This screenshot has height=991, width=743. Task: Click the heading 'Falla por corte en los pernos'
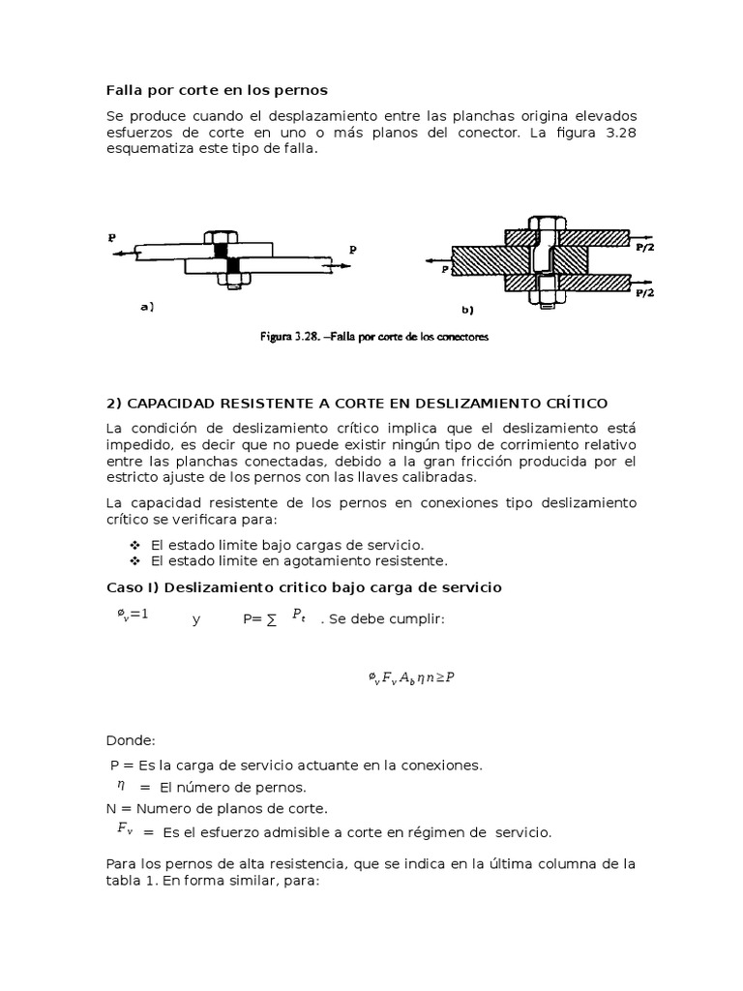click(x=217, y=90)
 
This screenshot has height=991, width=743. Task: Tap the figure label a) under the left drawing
click(x=147, y=307)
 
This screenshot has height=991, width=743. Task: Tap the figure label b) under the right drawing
click(x=467, y=311)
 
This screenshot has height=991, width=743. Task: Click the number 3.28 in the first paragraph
click(x=618, y=133)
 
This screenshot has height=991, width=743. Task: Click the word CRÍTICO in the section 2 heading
click(x=589, y=403)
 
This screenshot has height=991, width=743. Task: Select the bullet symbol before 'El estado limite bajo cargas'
click(x=135, y=545)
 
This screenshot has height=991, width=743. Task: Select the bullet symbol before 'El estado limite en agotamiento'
click(x=135, y=561)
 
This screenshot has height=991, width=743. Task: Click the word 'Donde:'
click(x=130, y=740)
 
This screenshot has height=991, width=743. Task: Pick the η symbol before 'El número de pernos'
click(x=123, y=785)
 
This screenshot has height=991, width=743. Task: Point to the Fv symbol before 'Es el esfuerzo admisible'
click(x=125, y=828)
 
